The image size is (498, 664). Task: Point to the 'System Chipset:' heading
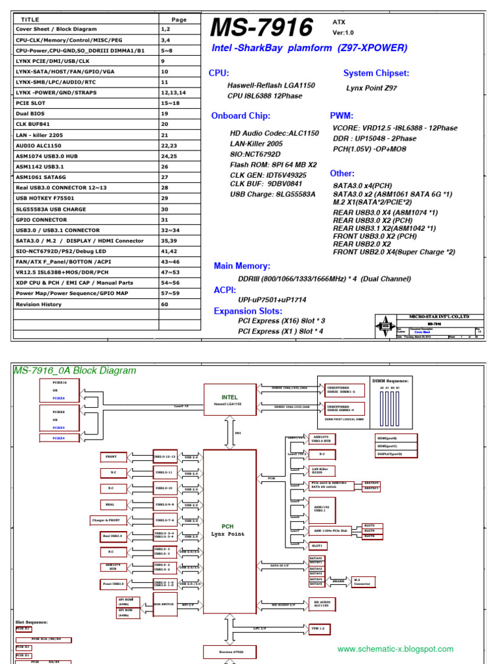click(375, 73)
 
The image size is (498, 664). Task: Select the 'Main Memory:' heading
click(242, 266)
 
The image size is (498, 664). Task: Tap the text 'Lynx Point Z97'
click(372, 88)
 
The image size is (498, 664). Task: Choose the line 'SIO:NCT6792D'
click(255, 154)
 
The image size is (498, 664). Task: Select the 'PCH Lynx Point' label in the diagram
click(228, 530)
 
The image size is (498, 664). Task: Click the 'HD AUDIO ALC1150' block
click(324, 604)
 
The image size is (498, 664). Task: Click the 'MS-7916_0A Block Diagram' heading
click(75, 371)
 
